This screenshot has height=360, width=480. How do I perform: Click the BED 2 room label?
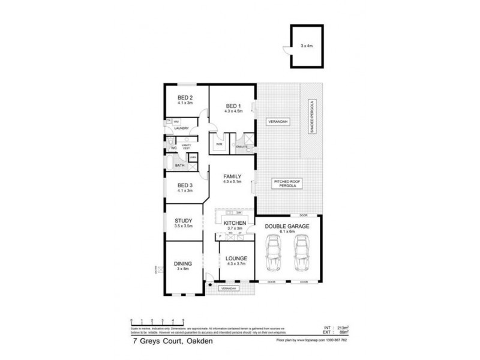(184, 98)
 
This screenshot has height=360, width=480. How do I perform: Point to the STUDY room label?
(183, 221)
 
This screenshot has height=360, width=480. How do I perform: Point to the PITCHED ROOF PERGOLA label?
(287, 184)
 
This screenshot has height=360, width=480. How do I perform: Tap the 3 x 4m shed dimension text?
(308, 45)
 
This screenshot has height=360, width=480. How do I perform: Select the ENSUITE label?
(242, 146)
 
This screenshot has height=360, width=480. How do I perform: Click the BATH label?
(179, 166)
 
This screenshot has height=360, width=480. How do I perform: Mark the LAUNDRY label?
(181, 128)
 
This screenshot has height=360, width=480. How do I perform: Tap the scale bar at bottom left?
(157, 322)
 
